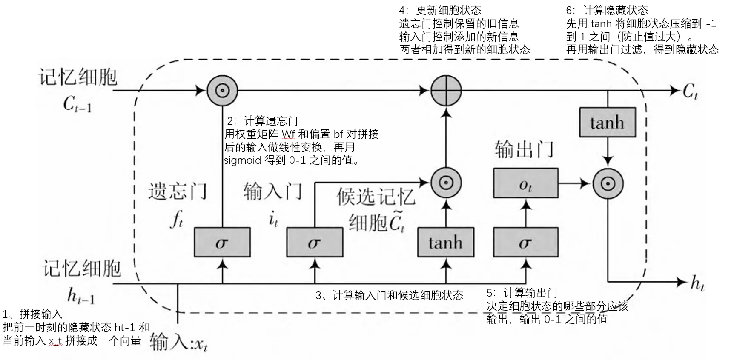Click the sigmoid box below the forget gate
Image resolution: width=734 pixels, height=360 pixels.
tap(222, 242)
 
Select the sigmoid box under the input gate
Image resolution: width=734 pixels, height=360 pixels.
tap(315, 242)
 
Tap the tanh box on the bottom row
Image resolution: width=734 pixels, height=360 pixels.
tap(445, 242)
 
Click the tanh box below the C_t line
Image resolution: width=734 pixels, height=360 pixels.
tap(607, 122)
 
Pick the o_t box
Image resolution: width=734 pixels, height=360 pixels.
tap(525, 183)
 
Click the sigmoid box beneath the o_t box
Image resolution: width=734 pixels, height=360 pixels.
tap(525, 242)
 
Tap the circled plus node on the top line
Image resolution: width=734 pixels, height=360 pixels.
tap(446, 90)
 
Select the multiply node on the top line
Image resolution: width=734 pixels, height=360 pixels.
tap(222, 90)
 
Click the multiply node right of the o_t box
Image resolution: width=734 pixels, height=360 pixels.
tap(608, 184)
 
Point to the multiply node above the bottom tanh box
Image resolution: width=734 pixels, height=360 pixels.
tap(446, 183)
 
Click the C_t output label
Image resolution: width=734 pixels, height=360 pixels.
tap(690, 91)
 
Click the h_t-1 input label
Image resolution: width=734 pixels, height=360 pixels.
tap(81, 294)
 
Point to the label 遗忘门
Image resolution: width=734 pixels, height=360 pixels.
tap(178, 191)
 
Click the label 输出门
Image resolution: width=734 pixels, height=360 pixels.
tap(524, 149)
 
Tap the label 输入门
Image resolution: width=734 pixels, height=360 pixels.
tap(273, 191)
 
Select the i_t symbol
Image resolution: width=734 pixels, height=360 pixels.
tap(273, 220)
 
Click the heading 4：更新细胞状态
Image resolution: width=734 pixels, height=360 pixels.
tap(440, 10)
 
